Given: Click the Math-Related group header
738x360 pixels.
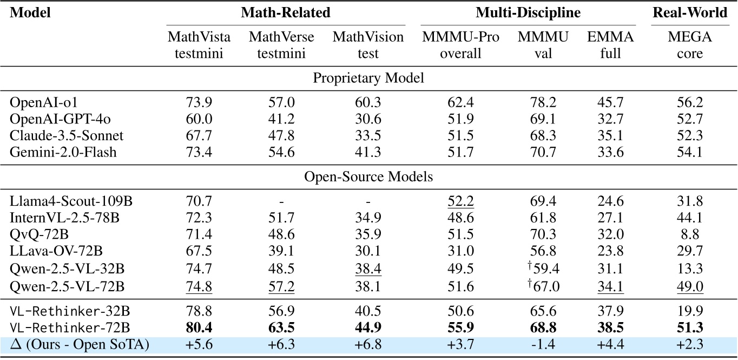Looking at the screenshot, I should point(286,13).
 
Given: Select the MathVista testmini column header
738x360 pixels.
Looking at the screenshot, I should point(199,45).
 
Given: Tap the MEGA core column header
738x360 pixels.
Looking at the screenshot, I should point(689,45).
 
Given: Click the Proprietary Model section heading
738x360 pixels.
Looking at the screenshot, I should point(369,77).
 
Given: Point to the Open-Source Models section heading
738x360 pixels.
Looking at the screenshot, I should point(369,176).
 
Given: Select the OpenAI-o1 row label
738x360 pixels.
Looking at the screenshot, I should point(34,103).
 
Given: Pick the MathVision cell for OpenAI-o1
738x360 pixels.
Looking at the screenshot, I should point(368,103).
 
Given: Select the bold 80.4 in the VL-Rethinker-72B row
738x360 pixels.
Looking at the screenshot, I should point(199,328).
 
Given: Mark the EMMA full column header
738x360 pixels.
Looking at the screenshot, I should point(610,45).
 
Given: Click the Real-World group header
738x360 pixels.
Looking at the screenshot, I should point(689,13).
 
